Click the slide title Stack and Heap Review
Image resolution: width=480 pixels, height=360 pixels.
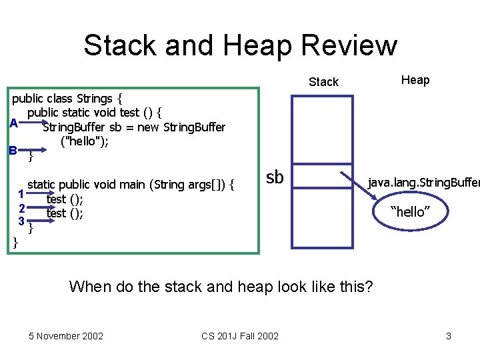click(x=240, y=45)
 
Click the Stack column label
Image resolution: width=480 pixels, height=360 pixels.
click(x=323, y=82)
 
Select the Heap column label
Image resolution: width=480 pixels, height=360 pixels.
click(x=415, y=80)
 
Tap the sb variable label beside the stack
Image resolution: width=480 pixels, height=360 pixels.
click(x=275, y=177)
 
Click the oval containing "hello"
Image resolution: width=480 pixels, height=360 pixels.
click(x=410, y=212)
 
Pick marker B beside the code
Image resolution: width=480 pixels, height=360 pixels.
click(x=13, y=151)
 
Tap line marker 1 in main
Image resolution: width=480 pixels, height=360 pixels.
click(x=21, y=195)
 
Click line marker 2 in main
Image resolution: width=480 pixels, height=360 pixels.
click(x=21, y=208)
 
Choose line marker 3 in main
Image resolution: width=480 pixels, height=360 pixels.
click(x=21, y=221)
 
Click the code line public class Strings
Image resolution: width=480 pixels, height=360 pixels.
click(x=67, y=99)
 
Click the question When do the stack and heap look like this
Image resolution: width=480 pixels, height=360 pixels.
click(x=221, y=287)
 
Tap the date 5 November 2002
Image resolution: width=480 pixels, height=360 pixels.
click(x=66, y=335)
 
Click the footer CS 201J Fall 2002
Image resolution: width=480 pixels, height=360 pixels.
click(x=240, y=335)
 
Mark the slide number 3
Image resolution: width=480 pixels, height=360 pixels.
click(x=448, y=335)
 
